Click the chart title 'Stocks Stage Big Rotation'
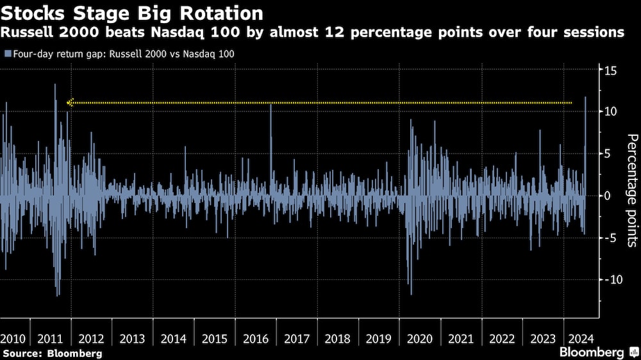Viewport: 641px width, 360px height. [131, 13]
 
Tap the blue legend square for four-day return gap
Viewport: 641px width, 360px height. [6, 54]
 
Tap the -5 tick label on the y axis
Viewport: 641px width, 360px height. [611, 238]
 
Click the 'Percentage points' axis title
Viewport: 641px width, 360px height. [631, 191]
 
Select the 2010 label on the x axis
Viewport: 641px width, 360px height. [13, 338]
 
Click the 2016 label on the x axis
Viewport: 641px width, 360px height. [256, 338]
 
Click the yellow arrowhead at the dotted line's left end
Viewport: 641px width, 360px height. [71, 102]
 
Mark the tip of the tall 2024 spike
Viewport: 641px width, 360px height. [585, 97]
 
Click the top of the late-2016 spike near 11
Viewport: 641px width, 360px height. [271, 104]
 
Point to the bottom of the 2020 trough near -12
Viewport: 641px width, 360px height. [410, 294]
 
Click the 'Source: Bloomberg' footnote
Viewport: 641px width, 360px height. [52, 353]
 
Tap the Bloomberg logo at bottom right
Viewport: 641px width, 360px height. [597, 352]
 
